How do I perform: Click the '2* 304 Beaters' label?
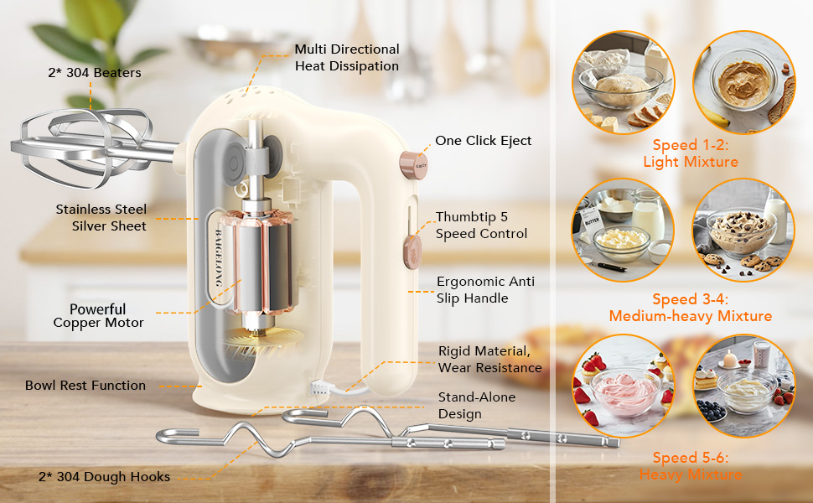tap(94, 73)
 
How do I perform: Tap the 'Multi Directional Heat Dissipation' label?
tap(346, 58)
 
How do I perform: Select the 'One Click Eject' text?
tap(483, 141)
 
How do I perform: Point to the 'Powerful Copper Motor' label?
tap(98, 316)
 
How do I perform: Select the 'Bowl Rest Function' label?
tap(85, 386)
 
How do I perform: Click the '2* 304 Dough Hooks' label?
tap(104, 477)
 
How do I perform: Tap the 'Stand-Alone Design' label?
tap(477, 405)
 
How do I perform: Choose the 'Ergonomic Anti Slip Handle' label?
tap(485, 289)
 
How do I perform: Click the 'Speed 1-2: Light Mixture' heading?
tap(691, 153)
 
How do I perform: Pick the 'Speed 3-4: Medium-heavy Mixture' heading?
tap(691, 308)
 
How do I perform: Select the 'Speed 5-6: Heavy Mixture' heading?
tap(691, 466)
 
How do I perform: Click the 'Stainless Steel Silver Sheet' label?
tap(101, 217)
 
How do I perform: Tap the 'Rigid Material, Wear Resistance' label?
tap(489, 359)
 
